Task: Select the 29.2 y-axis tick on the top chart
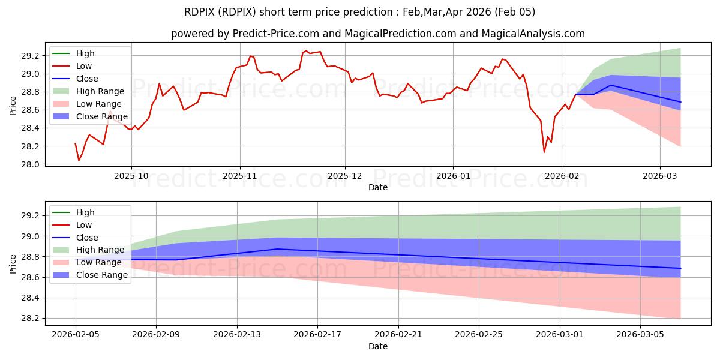pyautogui.click(x=30, y=56)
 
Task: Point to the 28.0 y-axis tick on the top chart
pyautogui.click(x=30, y=164)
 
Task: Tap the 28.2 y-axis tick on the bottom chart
pyautogui.click(x=30, y=319)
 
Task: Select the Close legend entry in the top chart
pyautogui.click(x=87, y=79)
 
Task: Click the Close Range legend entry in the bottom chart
pyautogui.click(x=101, y=275)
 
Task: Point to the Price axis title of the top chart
pyautogui.click(x=13, y=105)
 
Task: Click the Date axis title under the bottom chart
pyautogui.click(x=378, y=346)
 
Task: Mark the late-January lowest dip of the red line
pyautogui.click(x=544, y=152)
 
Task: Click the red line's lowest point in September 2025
pyautogui.click(x=79, y=160)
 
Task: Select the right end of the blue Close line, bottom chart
pyautogui.click(x=680, y=268)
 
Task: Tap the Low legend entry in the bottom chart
pyautogui.click(x=84, y=225)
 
